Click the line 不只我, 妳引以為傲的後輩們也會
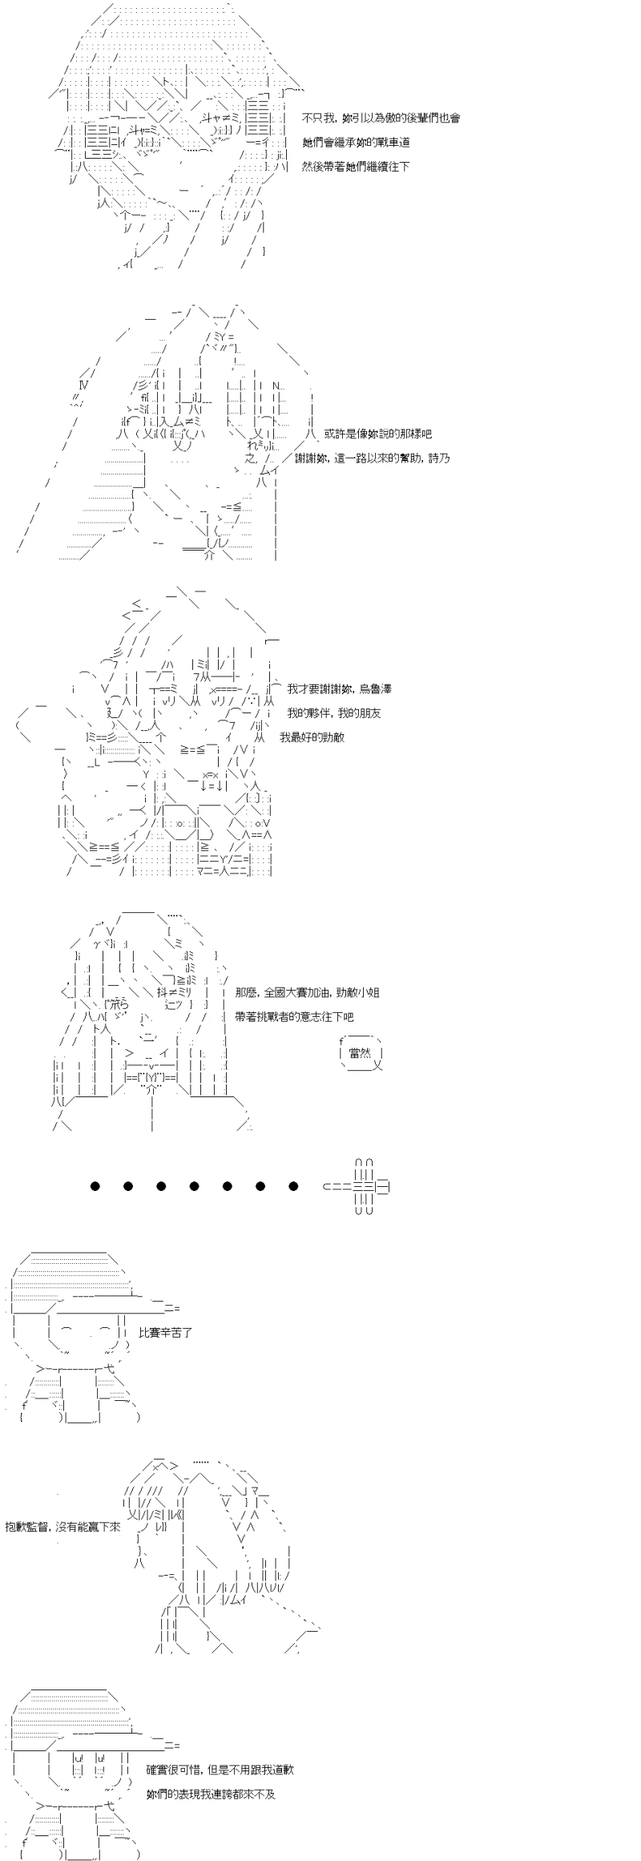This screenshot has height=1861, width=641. click(381, 118)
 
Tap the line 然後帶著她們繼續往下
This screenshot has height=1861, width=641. click(357, 167)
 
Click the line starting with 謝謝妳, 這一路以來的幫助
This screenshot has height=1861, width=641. click(378, 458)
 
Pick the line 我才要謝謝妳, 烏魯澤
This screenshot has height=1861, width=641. click(339, 688)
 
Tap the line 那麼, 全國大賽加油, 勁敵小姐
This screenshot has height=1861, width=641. click(308, 992)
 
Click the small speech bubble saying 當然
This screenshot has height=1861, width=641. click(361, 1053)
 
